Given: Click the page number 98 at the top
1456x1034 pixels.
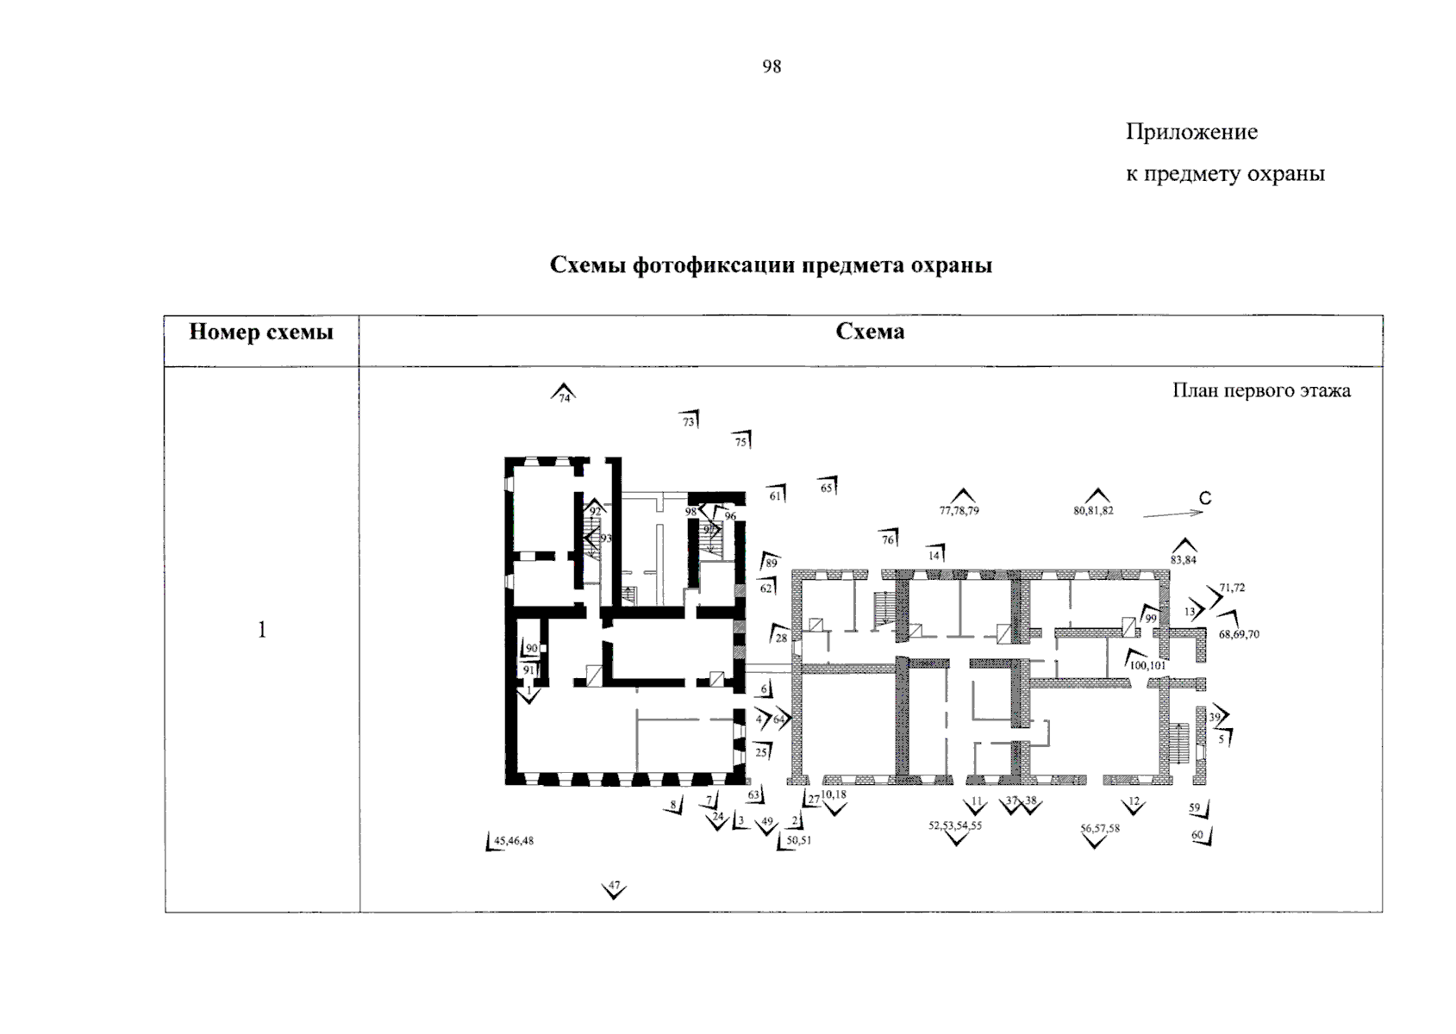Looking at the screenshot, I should click(772, 67).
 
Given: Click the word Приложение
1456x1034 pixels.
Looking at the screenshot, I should click(1191, 132).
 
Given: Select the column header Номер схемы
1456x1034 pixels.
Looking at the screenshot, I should click(261, 332).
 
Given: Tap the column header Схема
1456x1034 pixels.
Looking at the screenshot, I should click(870, 332).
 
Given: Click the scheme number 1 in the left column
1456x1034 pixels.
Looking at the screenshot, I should click(262, 630).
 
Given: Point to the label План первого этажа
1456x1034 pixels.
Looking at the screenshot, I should click(1261, 390).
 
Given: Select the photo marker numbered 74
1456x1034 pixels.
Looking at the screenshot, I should click(564, 395).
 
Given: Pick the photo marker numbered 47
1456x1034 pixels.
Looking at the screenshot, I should click(614, 888).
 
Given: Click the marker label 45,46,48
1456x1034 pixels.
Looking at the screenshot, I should click(514, 841).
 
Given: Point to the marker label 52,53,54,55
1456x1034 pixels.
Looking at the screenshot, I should click(954, 825).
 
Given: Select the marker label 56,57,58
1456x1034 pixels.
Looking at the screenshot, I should click(1100, 828).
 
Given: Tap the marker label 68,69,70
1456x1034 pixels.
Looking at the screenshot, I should click(1239, 634).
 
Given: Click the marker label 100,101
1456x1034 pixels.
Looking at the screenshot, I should click(1147, 665).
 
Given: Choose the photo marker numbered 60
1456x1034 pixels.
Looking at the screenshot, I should click(1201, 836).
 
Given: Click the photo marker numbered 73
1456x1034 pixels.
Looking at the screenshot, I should click(690, 421).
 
